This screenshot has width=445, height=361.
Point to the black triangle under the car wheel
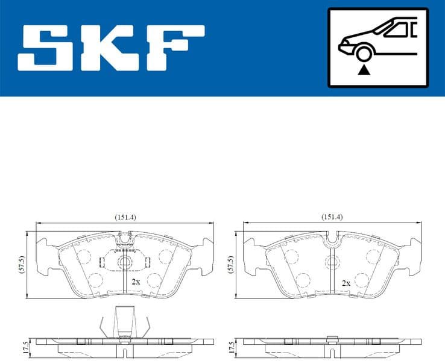coord(363,71)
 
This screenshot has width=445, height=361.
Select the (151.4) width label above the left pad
coord(124,217)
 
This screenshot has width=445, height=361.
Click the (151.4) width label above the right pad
coord(332,217)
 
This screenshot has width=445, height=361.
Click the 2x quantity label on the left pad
coord(136,281)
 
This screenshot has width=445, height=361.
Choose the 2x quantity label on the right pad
coord(346,282)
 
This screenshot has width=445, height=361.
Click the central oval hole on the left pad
coord(124,262)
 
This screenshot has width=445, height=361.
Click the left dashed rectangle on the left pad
coord(101,262)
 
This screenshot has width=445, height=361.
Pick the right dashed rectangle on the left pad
coord(147,262)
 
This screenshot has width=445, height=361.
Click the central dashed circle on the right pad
coord(331,262)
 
